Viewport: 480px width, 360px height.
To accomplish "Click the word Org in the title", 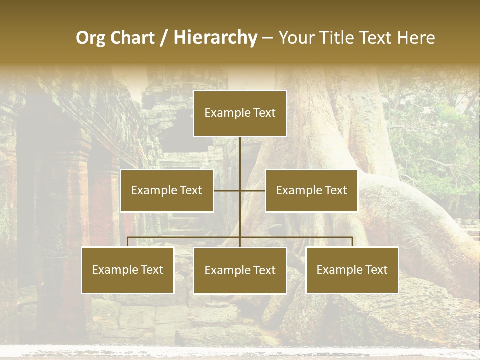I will tap(90, 38).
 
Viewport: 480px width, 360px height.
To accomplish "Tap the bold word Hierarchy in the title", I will tap(215, 38).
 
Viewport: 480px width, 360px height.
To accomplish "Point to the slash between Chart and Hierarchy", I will tap(164, 38).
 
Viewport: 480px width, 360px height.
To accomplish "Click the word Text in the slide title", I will tap(376, 38).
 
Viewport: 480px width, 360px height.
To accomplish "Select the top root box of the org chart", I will tap(240, 113).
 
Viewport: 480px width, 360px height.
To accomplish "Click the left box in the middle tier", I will tap(167, 190).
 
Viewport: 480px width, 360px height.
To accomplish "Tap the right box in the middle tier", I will tap(311, 190).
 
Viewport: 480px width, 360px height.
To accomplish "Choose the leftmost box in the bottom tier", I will tap(127, 270).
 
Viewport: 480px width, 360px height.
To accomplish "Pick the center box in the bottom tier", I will tap(240, 270).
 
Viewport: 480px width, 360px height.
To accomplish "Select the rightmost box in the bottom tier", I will tap(352, 270).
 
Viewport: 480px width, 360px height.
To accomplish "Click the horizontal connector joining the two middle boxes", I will tap(227, 190).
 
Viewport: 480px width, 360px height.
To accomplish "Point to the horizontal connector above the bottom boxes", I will tap(295, 237).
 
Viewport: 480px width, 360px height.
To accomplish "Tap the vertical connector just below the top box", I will tap(240, 152).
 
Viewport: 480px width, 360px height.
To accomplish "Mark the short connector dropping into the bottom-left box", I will tap(128, 242).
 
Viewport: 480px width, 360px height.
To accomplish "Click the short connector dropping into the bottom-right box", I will tap(352, 242).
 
